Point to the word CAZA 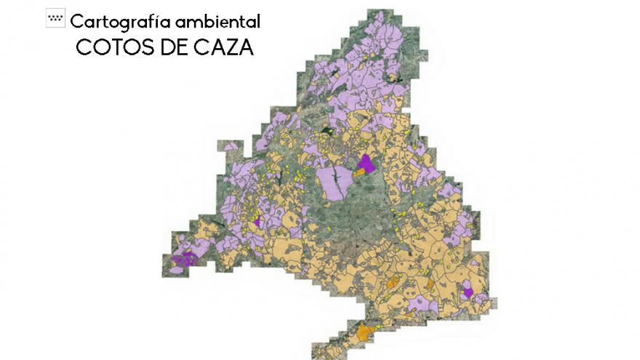(x=223, y=47)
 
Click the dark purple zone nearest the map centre (x=366, y=164)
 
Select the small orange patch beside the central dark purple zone (x=358, y=172)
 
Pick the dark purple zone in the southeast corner (x=468, y=292)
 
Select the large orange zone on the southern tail (x=366, y=332)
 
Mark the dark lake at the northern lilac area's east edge (x=396, y=78)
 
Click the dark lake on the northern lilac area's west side (x=334, y=71)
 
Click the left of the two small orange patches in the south (x=393, y=282)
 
